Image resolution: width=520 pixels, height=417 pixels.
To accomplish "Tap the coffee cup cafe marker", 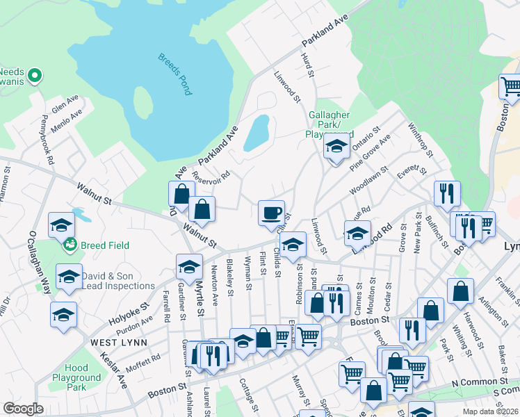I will [271, 212].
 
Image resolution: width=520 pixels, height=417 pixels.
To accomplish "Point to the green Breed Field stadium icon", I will [70, 244].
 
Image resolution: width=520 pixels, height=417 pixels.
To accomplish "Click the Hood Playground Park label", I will [76, 377].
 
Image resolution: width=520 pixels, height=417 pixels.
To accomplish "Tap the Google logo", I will [22, 409].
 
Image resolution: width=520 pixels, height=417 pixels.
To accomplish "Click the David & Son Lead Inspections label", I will [117, 281].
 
